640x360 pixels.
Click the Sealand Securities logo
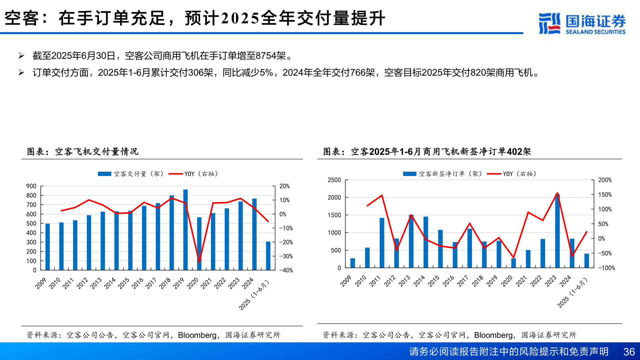tap(582, 23)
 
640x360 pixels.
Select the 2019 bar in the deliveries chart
tap(185, 230)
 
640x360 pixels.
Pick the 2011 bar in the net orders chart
tap(382, 243)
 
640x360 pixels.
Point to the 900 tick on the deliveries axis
tap(31, 186)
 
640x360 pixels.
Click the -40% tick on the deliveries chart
tap(286, 270)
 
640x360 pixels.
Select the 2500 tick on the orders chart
tap(334, 180)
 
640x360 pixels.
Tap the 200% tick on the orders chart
tap(605, 180)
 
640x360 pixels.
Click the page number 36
tap(629, 352)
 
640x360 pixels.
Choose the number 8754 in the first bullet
tap(266, 56)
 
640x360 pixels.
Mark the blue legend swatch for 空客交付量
tap(104, 174)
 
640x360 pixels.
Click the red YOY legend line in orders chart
tap(494, 174)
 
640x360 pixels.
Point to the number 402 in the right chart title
tap(514, 152)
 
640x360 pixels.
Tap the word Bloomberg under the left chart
tap(197, 335)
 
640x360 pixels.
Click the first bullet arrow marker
tap(21, 56)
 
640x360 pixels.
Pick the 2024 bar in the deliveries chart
tap(254, 234)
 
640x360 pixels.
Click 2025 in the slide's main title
tap(240, 18)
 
